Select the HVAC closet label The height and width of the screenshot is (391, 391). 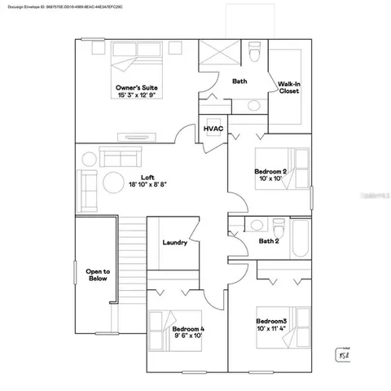point(213,130)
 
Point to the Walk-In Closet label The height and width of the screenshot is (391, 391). point(289,87)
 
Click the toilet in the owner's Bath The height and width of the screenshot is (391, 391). point(255,56)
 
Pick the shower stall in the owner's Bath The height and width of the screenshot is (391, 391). point(219,56)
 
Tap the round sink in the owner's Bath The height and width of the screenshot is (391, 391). point(253,105)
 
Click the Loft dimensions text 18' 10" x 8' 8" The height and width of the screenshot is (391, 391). point(147,186)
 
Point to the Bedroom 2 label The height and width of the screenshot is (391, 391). point(270,171)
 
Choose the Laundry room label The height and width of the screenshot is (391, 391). point(175,243)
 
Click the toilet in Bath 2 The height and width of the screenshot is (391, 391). point(254,226)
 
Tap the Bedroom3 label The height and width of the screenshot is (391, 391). point(271,321)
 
